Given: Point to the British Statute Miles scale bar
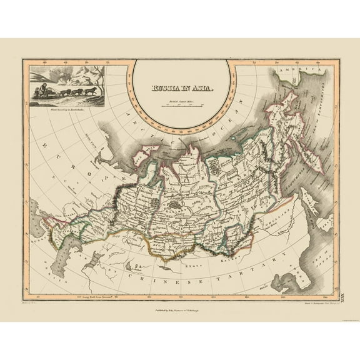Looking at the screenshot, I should click(x=181, y=107).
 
